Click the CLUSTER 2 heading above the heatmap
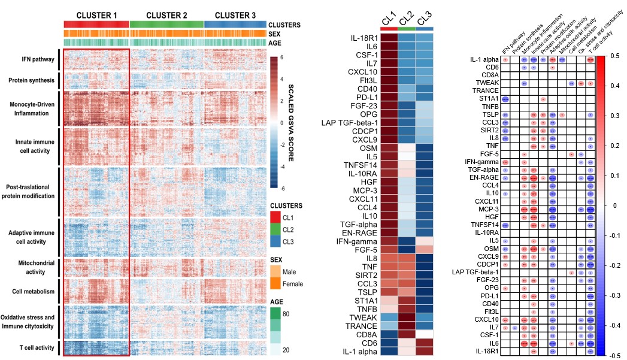click(x=166, y=14)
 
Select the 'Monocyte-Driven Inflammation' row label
click(x=32, y=108)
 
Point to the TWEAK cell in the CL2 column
click(x=406, y=317)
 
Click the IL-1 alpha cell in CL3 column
click(x=424, y=351)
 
